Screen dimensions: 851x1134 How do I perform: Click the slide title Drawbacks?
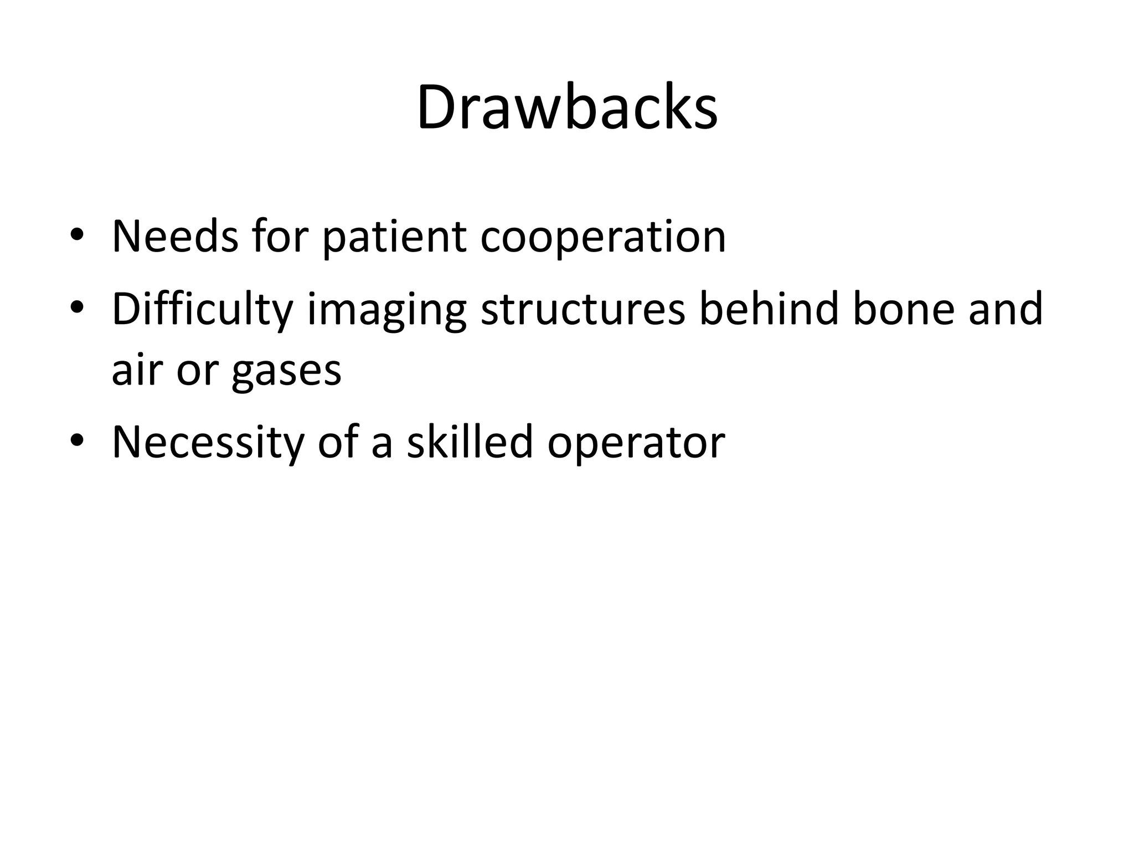(567, 107)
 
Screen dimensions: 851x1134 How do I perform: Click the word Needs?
(175, 237)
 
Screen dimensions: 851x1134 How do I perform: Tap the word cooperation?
(603, 238)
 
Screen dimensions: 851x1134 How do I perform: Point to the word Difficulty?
(202, 309)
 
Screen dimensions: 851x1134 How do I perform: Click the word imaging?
(386, 310)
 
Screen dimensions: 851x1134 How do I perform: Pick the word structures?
(583, 309)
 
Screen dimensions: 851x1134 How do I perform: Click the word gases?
(286, 371)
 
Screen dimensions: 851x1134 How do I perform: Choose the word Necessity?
(208, 443)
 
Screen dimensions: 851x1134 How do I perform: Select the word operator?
(636, 443)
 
